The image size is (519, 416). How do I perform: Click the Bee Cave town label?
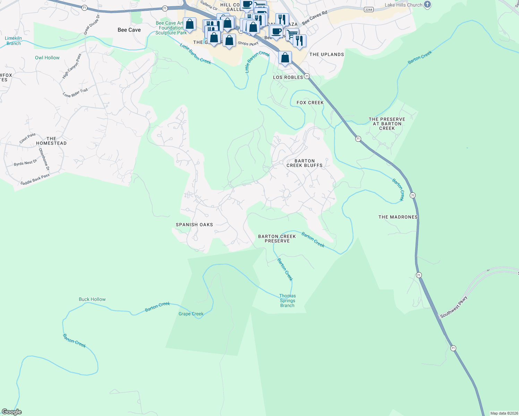pyautogui.click(x=129, y=30)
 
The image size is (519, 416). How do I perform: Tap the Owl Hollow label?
pyautogui.click(x=47, y=58)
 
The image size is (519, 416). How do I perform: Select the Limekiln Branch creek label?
pyautogui.click(x=14, y=41)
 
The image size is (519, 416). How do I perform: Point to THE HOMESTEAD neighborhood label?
pyautogui.click(x=51, y=141)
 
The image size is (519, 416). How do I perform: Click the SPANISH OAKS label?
pyautogui.click(x=194, y=225)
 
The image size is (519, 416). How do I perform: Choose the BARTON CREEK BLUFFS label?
pyautogui.click(x=304, y=163)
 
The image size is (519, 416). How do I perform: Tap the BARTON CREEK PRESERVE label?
pyautogui.click(x=277, y=239)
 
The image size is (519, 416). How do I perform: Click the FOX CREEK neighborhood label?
pyautogui.click(x=310, y=103)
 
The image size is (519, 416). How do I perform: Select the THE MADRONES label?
pyautogui.click(x=398, y=217)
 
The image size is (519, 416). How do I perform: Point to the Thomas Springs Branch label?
pyautogui.click(x=287, y=301)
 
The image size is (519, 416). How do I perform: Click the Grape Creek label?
pyautogui.click(x=191, y=314)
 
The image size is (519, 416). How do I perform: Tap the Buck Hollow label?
pyautogui.click(x=92, y=300)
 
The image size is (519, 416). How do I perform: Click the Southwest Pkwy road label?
pyautogui.click(x=454, y=307)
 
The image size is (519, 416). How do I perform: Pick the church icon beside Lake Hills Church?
pyautogui.click(x=427, y=5)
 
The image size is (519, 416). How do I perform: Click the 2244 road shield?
pyautogui.click(x=369, y=10)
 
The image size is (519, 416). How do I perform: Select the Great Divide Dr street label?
pyautogui.click(x=92, y=25)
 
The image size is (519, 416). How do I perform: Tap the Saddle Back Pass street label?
pyautogui.click(x=35, y=179)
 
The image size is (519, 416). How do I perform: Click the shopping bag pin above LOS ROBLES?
pyautogui.click(x=285, y=58)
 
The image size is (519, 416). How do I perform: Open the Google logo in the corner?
pyautogui.click(x=12, y=412)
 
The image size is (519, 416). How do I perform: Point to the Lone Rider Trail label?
pyautogui.click(x=75, y=93)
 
